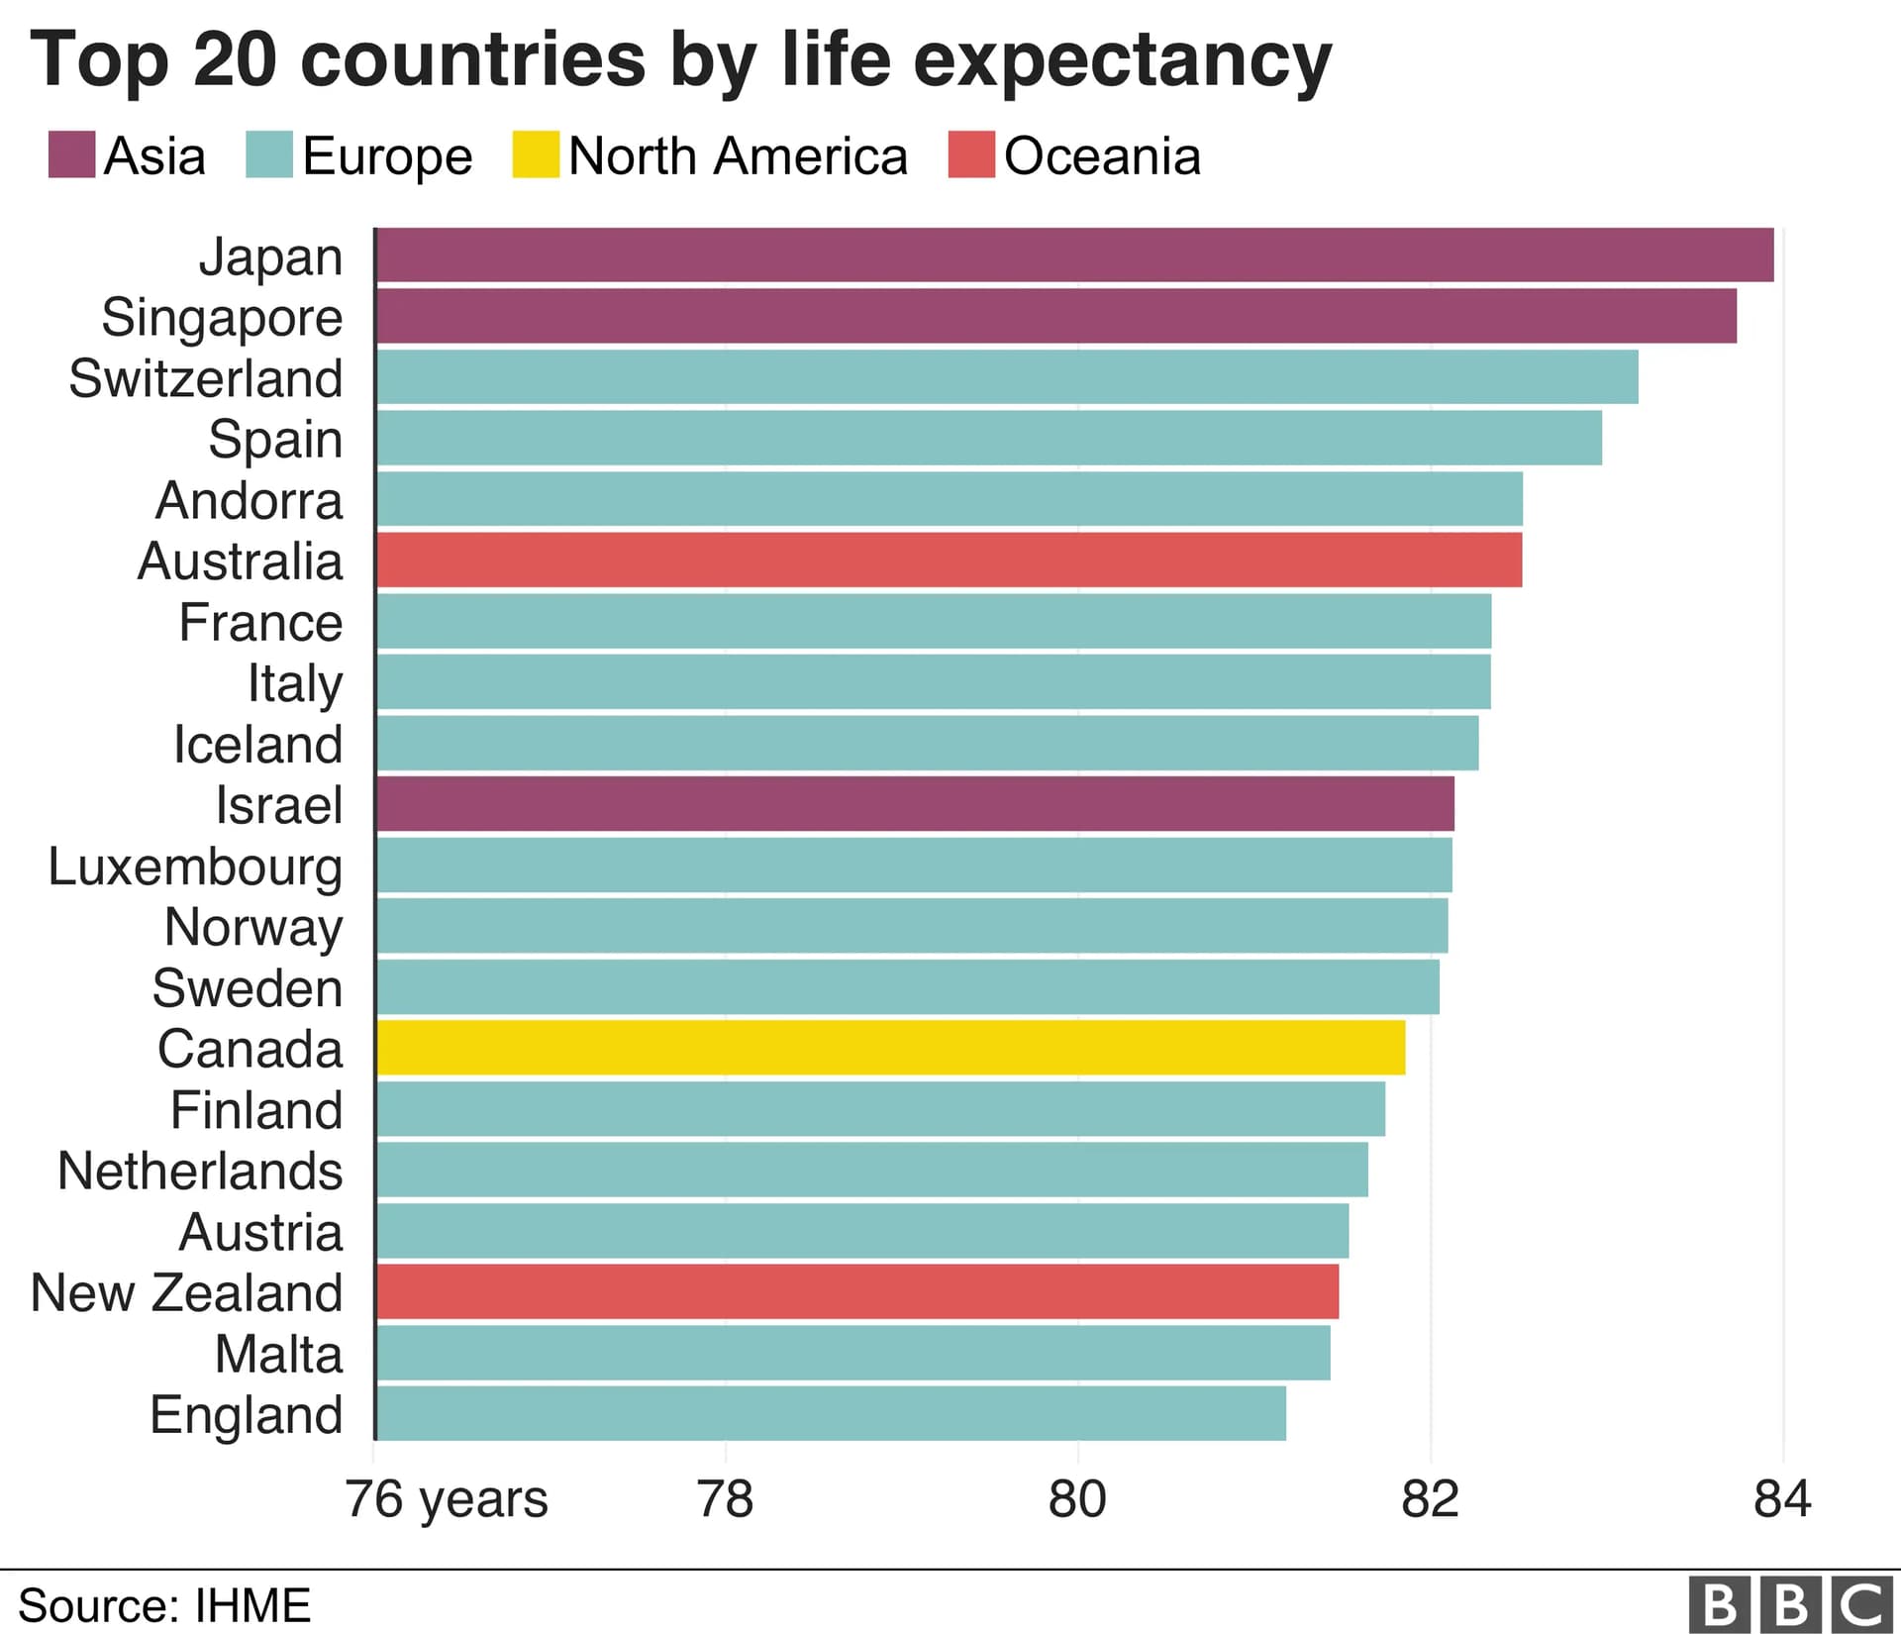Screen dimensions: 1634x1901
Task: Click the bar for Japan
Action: pos(1074,255)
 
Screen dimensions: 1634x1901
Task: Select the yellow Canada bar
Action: pos(891,1048)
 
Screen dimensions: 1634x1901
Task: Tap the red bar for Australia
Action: pos(949,561)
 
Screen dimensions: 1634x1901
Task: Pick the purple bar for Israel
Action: pos(916,804)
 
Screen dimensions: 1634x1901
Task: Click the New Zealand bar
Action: pos(857,1291)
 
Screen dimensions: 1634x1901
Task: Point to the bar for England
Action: pos(832,1413)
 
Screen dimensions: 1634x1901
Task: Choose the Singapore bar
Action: pos(1055,317)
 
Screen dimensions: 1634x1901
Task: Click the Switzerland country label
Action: pos(206,378)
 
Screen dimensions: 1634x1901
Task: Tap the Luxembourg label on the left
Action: pos(195,867)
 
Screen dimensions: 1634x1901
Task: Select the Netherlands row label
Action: pos(200,1171)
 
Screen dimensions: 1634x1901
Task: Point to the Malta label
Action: pos(278,1354)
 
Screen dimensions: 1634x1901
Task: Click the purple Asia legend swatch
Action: pos(72,155)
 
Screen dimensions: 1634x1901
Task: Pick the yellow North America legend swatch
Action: pos(536,155)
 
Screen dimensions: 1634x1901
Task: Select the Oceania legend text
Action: pos(1102,156)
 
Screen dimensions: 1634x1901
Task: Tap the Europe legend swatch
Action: pos(269,155)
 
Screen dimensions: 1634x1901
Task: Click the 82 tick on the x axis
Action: pos(1430,1499)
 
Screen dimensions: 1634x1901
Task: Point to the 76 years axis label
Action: pos(447,1499)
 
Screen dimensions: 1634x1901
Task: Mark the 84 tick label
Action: pos(1782,1499)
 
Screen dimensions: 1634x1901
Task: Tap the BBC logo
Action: pos(1791,1605)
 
